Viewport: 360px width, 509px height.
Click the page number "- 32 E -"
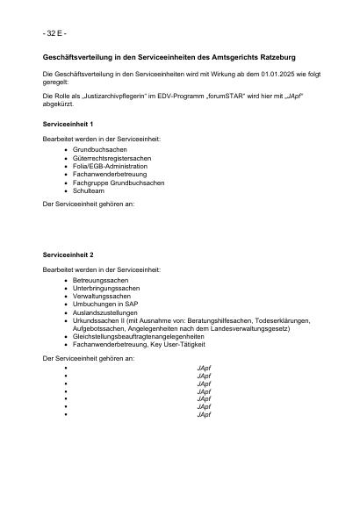point(54,32)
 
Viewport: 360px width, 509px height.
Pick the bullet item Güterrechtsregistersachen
point(112,158)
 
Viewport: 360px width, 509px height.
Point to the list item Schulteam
point(89,190)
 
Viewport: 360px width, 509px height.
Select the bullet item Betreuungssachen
point(100,280)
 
